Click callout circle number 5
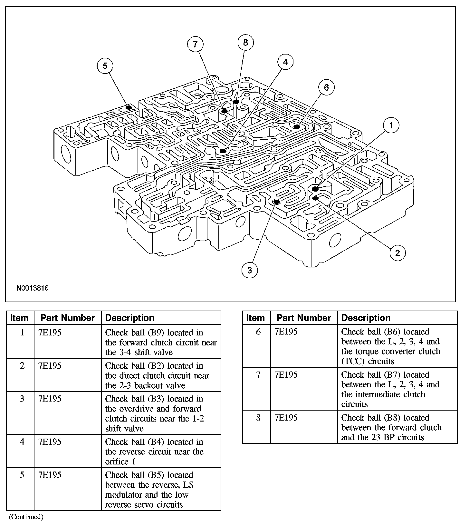[x=105, y=66]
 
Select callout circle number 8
[x=245, y=42]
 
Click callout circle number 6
[x=326, y=87]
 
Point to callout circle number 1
[x=391, y=125]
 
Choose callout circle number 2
[x=397, y=253]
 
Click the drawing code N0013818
[x=33, y=288]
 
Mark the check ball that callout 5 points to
[x=129, y=107]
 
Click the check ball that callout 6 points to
[x=297, y=127]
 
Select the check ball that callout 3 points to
[x=276, y=202]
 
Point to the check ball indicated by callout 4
[x=223, y=151]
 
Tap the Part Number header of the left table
[x=68, y=318]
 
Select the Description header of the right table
[x=366, y=318]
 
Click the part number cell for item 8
[x=286, y=418]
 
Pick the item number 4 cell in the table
[x=22, y=442]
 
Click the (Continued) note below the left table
[x=26, y=517]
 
